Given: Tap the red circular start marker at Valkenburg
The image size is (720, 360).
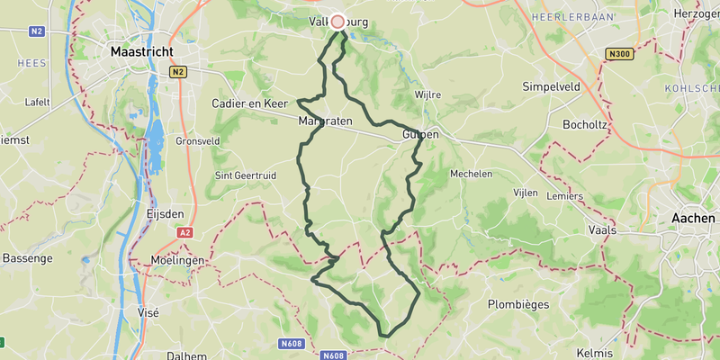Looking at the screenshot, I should (338, 22).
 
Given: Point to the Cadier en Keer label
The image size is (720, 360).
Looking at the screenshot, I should (248, 104).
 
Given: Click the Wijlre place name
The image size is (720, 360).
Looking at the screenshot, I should (428, 94).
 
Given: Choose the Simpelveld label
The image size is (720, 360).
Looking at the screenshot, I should (553, 87).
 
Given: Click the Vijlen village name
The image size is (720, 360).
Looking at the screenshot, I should (525, 193).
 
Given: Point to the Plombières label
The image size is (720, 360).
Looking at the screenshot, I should (518, 304).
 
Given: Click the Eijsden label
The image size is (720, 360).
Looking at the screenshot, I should (165, 213).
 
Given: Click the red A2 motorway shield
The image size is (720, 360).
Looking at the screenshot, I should (184, 232).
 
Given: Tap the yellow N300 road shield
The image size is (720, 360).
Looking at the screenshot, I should (619, 54).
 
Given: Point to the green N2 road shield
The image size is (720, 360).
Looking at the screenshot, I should (36, 31).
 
